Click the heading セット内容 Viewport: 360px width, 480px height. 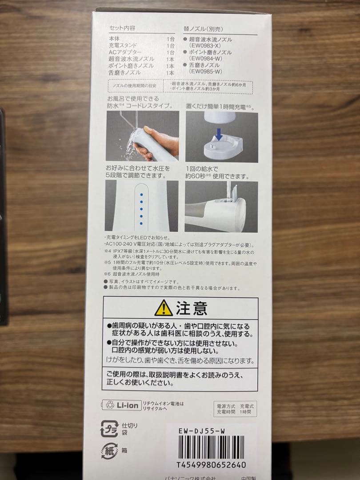[122, 28]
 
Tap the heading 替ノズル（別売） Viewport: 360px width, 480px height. [204, 28]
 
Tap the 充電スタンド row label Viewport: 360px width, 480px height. [122, 45]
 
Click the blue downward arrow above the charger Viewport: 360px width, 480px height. [219, 134]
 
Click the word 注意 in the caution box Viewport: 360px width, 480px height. [192, 308]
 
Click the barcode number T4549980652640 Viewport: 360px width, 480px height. [211, 465]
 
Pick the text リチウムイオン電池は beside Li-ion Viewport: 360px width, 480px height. [163, 403]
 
